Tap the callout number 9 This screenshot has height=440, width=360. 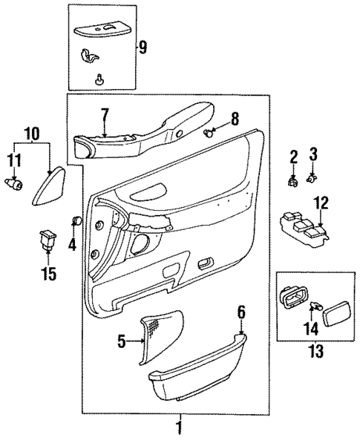pos(144,48)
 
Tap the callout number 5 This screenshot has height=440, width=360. pos(122,342)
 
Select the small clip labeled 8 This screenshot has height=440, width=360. pos(208,133)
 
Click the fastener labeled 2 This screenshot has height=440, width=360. pos(294,179)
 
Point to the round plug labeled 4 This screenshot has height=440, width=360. pos(74,220)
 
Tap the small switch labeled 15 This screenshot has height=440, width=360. pos(48,240)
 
